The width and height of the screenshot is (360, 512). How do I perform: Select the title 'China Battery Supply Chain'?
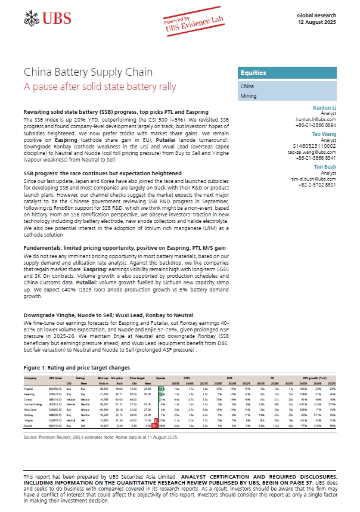pos(88,73)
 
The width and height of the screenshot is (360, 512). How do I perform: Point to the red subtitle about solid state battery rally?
pos(100,87)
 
